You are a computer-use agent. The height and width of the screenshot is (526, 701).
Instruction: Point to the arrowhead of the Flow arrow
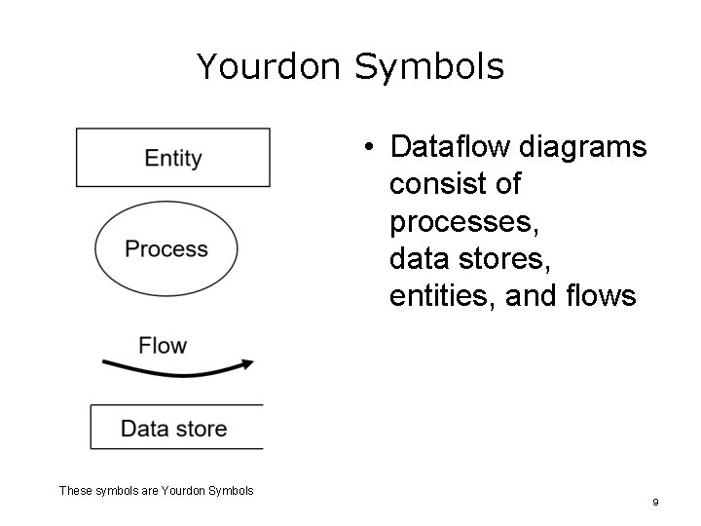(248, 363)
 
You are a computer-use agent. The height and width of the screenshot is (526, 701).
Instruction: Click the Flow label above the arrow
(163, 346)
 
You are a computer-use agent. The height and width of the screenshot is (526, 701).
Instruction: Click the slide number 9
(655, 502)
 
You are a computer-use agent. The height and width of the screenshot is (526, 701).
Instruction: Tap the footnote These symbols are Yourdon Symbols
(156, 491)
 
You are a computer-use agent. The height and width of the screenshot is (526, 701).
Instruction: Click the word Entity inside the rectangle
(172, 158)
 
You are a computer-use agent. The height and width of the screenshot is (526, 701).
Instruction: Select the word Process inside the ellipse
(166, 249)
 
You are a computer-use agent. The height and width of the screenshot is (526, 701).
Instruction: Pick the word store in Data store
(201, 428)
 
